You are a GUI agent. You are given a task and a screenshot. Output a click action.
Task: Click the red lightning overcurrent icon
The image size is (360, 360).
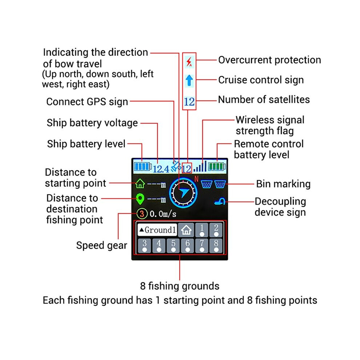pos(189,62)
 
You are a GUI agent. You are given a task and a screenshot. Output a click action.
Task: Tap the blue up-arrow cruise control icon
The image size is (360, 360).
pos(189,80)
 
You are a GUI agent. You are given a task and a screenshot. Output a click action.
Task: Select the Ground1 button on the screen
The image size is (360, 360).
pos(157,230)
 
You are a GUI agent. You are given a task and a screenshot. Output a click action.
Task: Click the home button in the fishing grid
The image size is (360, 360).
pos(186,230)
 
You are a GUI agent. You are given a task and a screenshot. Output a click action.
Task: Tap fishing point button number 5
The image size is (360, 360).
pos(173,246)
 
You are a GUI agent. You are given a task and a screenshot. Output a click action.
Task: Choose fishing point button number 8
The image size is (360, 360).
pos(216,246)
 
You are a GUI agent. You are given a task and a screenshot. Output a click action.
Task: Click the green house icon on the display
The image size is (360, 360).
pos(140,183)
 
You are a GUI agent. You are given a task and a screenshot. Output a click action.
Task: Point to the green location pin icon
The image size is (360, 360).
pos(140,199)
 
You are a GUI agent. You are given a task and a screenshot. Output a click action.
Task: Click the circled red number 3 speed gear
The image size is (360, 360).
pos(142,214)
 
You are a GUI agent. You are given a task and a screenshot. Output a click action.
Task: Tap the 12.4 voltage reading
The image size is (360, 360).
pos(161,169)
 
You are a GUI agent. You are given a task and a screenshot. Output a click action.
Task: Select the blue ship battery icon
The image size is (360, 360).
pos(143,167)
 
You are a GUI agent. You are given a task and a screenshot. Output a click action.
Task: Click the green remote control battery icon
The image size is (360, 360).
pos(217,167)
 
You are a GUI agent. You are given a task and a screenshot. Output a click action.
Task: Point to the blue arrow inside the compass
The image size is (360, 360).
pos(184,192)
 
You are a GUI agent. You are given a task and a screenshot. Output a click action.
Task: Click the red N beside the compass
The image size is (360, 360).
pos(196,179)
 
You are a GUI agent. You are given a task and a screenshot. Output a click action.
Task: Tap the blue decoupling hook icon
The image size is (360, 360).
pos(220,201)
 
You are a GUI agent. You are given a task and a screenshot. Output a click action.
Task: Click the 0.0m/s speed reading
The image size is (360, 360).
pos(163,214)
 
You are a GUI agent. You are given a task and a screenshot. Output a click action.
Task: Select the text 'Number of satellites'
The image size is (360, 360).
pos(264,100)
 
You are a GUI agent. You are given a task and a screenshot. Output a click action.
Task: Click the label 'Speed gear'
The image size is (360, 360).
pos(101,245)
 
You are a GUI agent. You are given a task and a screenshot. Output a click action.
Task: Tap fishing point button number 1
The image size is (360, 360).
pos(202,230)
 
